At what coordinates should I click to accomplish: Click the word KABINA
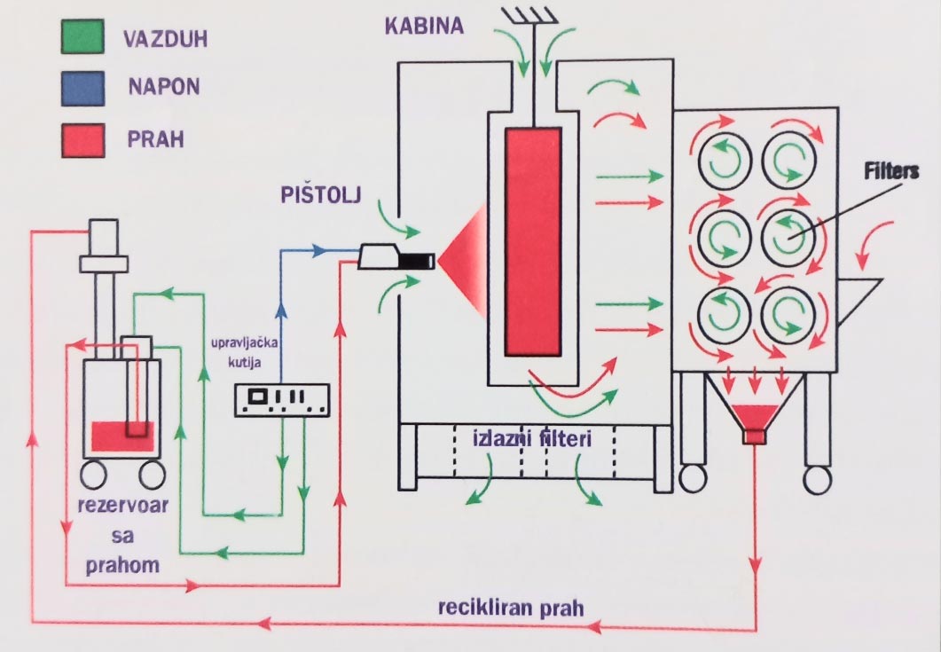point(423,25)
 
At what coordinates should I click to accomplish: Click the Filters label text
point(889,170)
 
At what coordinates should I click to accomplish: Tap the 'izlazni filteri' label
point(529,437)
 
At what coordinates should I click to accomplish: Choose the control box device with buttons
point(280,399)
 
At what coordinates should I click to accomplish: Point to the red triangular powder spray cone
point(465,260)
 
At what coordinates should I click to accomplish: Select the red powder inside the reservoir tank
point(122,436)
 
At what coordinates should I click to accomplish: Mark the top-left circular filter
point(726,158)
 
